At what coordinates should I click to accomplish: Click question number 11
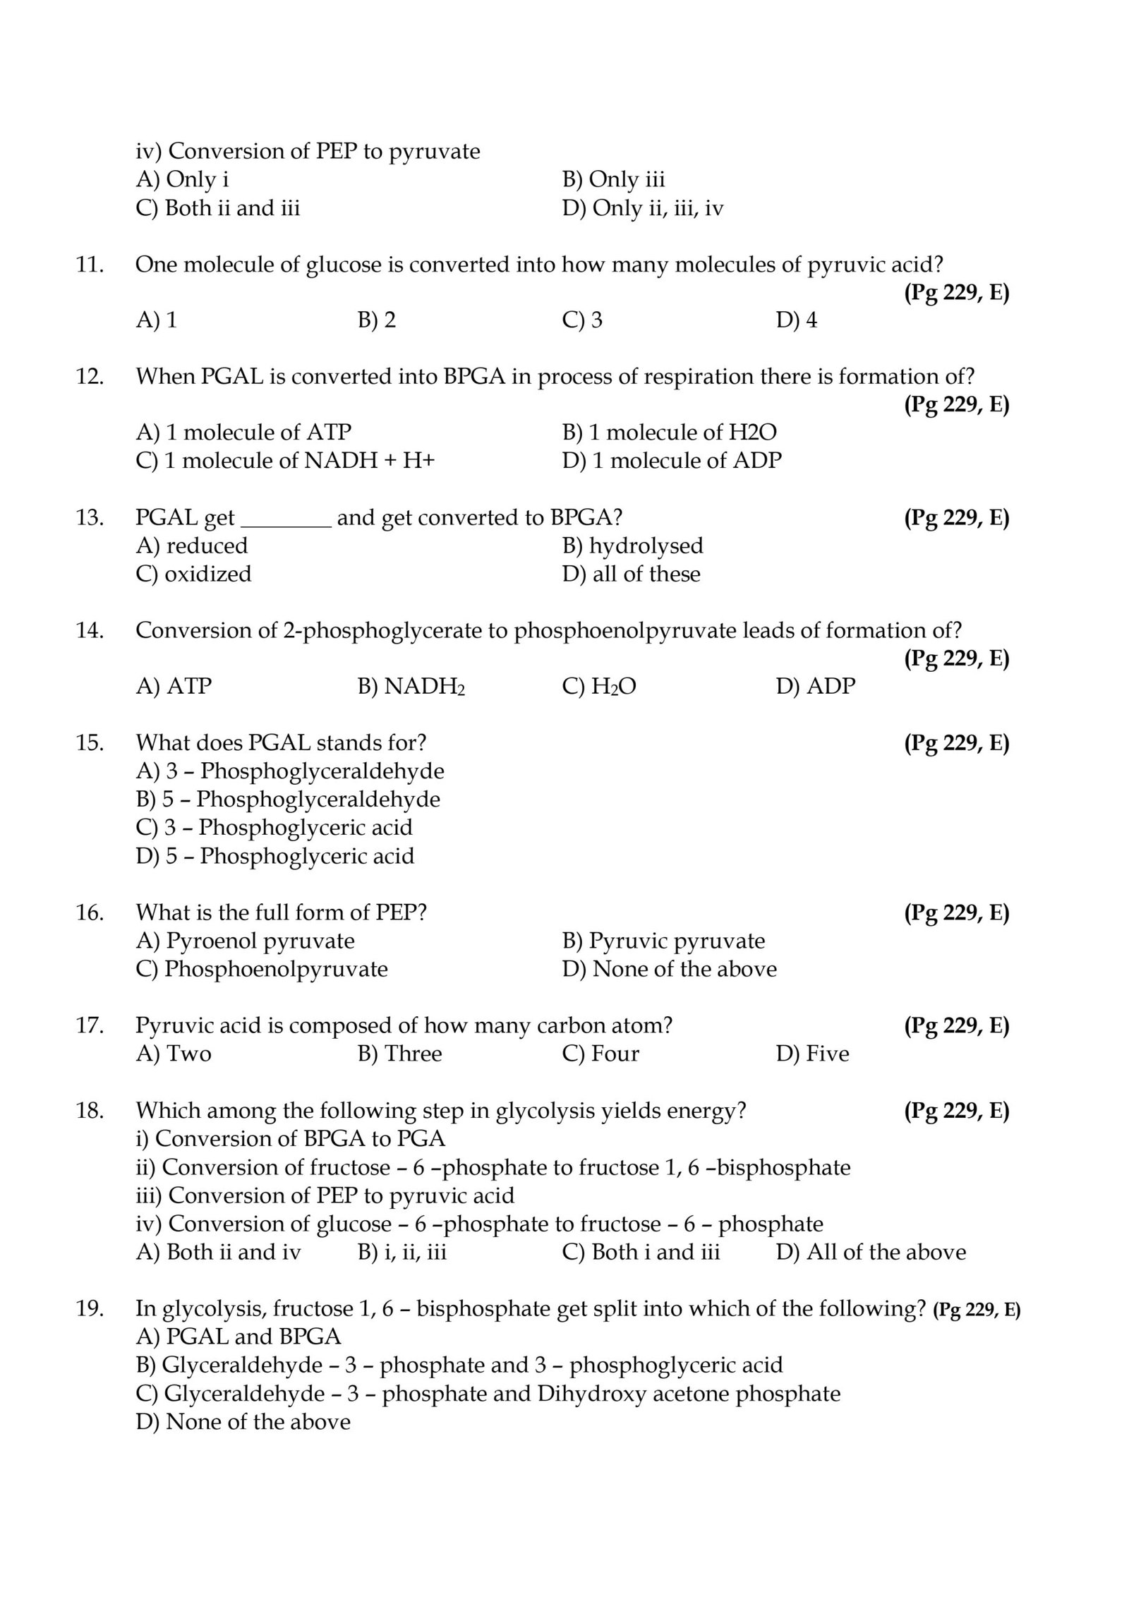pyautogui.click(x=90, y=265)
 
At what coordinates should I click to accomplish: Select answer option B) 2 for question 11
pyautogui.click(x=376, y=320)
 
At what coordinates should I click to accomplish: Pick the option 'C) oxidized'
pyautogui.click(x=193, y=574)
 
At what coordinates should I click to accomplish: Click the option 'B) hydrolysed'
pyautogui.click(x=632, y=546)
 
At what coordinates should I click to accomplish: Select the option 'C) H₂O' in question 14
pyautogui.click(x=599, y=686)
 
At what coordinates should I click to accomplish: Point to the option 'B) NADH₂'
pyautogui.click(x=411, y=686)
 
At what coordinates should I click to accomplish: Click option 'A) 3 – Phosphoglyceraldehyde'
pyautogui.click(x=290, y=771)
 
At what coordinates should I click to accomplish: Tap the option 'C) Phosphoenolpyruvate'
pyautogui.click(x=262, y=969)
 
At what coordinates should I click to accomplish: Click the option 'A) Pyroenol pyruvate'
pyautogui.click(x=245, y=941)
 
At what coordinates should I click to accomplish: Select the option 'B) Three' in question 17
pyautogui.click(x=399, y=1054)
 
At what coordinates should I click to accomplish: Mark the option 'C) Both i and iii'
pyautogui.click(x=641, y=1252)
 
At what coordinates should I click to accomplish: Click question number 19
pyautogui.click(x=90, y=1309)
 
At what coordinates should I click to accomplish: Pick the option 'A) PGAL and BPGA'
pyautogui.click(x=239, y=1337)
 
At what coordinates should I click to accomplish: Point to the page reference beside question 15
pyautogui.click(x=956, y=742)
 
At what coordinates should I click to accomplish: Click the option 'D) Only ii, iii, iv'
pyautogui.click(x=643, y=208)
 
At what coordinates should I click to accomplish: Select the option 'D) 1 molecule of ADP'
pyautogui.click(x=672, y=461)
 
